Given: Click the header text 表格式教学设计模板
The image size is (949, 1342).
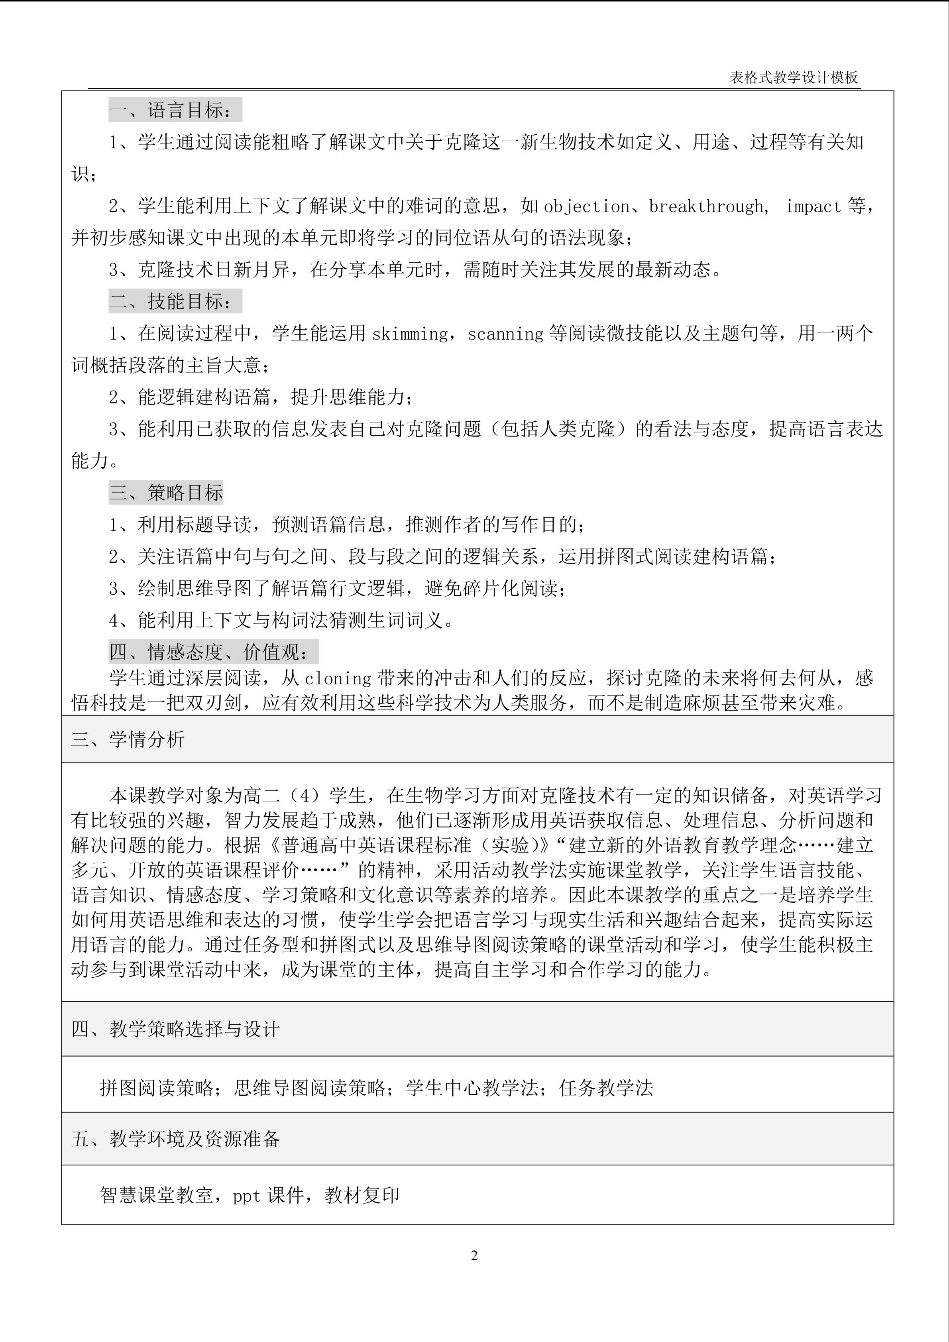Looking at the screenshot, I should pyautogui.click(x=794, y=78).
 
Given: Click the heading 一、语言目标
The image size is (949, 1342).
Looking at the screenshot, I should pyautogui.click(x=175, y=110).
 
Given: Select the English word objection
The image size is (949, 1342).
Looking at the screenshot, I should pyautogui.click(x=587, y=206).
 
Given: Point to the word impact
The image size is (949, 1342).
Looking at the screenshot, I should pyautogui.click(x=813, y=206).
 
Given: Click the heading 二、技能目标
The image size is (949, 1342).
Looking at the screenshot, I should pyautogui.click(x=175, y=302).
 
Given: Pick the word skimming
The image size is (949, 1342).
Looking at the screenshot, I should pyautogui.click(x=410, y=334).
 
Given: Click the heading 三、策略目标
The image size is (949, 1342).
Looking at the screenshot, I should pyautogui.click(x=166, y=493).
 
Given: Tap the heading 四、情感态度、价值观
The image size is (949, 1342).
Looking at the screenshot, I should pyautogui.click(x=213, y=652).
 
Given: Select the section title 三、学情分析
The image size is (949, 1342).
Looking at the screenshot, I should pyautogui.click(x=128, y=739).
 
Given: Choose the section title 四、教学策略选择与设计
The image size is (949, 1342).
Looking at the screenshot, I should pyautogui.click(x=175, y=1029).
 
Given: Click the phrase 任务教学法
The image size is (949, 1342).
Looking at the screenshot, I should pyautogui.click(x=606, y=1088).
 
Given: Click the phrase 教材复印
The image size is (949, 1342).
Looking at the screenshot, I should pyautogui.click(x=362, y=1195).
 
